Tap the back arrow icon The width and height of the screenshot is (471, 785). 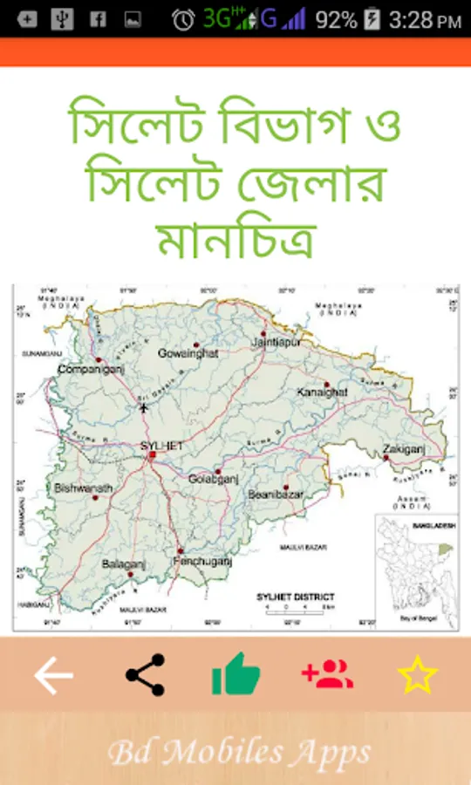(x=53, y=675)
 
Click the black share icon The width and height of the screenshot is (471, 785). (x=145, y=675)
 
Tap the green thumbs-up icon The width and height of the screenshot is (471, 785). (x=235, y=674)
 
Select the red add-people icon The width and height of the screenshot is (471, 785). (x=327, y=674)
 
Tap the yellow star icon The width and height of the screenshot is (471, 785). (x=417, y=675)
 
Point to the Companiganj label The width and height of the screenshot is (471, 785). (x=87, y=370)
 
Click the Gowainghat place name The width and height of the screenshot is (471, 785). (x=188, y=353)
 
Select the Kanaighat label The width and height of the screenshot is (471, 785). (x=321, y=392)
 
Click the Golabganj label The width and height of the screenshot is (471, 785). (x=214, y=479)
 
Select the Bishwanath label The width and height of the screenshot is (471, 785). (x=83, y=488)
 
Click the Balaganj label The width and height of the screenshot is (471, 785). (x=123, y=564)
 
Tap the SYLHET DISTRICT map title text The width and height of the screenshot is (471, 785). (x=296, y=597)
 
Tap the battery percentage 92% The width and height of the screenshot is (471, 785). (x=336, y=19)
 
